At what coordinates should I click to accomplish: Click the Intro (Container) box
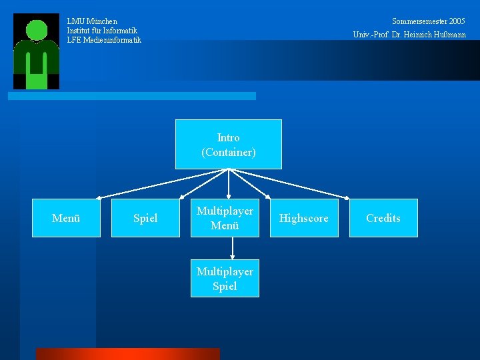pos(228,144)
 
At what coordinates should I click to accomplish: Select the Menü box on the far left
pos(66,218)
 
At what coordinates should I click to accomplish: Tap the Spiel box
pos(145,218)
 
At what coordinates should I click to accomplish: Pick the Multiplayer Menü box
pos(225,218)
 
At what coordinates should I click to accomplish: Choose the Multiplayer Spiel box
pos(225,279)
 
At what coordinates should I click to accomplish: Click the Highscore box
pos(303,218)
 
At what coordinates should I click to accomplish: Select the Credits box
pos(383,218)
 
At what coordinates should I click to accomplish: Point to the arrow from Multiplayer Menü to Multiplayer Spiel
pos(232,248)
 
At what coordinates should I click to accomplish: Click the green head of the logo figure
pos(37,30)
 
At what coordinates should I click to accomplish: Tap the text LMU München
pos(92,21)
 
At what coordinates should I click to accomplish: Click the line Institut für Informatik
pos(102,31)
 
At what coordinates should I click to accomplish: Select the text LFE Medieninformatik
pos(104,40)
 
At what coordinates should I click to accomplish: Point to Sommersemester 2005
pos(429,21)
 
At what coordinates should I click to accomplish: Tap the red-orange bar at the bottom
pos(127,354)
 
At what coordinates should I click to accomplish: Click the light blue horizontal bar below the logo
pos(131,96)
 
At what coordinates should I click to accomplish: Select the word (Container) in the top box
pos(228,153)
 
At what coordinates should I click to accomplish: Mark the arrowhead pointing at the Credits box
pos(347,197)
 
